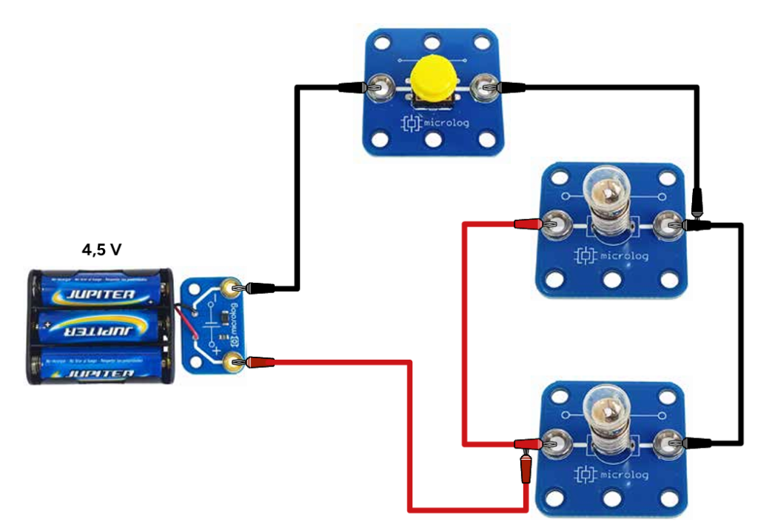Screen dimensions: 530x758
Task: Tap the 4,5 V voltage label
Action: tap(101, 249)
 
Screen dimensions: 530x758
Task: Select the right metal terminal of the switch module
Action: tap(486, 87)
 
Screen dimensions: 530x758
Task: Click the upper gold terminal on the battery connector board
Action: tap(235, 286)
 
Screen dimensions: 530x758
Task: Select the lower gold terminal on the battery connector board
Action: tap(235, 362)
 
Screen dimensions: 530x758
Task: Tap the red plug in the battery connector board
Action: tap(261, 362)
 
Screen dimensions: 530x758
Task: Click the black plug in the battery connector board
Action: tap(261, 286)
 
